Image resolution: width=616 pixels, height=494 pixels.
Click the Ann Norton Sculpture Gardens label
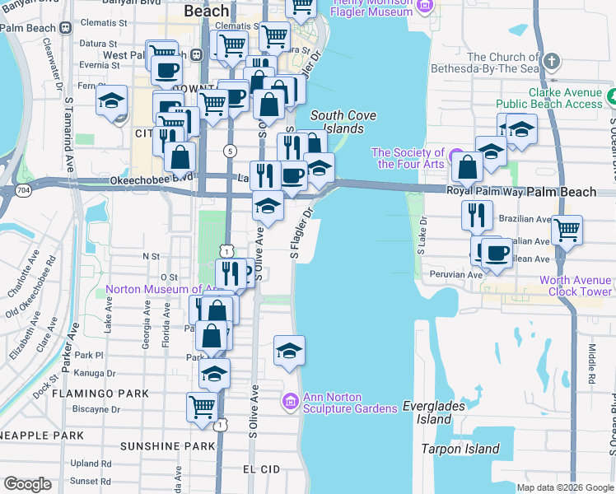point(332,403)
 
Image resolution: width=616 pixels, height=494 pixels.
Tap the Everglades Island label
point(434,412)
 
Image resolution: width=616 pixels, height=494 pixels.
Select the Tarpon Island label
point(460,449)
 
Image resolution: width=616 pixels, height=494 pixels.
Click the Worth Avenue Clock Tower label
point(576,286)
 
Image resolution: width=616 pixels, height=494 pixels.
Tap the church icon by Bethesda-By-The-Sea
point(552,62)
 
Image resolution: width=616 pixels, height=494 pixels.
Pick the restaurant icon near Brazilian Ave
point(477,214)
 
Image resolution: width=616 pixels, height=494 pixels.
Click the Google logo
point(29,484)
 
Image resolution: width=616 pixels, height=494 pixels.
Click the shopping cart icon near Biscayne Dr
point(202,404)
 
